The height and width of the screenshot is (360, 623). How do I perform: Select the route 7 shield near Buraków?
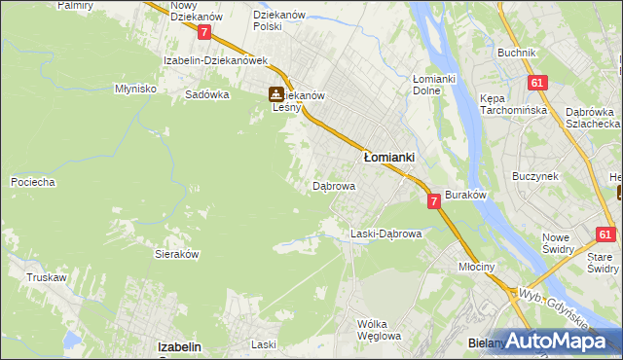pyautogui.click(x=435, y=200)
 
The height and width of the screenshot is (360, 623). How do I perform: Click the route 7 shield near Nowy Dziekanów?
pyautogui.click(x=203, y=32)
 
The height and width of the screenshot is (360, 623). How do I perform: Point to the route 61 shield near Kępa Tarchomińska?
pyautogui.click(x=535, y=84)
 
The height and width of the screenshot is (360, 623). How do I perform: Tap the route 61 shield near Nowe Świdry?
pyautogui.click(x=606, y=234)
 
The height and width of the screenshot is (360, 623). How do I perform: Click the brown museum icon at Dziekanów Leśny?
pyautogui.click(x=276, y=94)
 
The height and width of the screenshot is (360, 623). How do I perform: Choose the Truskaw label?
pyautogui.click(x=47, y=277)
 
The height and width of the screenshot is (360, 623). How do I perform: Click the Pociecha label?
pyautogui.click(x=32, y=182)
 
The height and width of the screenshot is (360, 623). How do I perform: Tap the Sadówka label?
pyautogui.click(x=207, y=95)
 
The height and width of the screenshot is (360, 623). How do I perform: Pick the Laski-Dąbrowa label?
pyautogui.click(x=385, y=234)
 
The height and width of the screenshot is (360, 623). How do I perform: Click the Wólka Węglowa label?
pyautogui.click(x=379, y=330)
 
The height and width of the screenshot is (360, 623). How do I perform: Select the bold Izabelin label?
pyautogui.click(x=179, y=346)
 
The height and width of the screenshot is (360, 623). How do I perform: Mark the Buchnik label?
pyautogui.click(x=516, y=52)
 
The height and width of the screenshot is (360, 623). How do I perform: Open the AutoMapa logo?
pyautogui.click(x=560, y=341)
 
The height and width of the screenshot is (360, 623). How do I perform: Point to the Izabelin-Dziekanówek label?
pyautogui.click(x=215, y=60)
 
